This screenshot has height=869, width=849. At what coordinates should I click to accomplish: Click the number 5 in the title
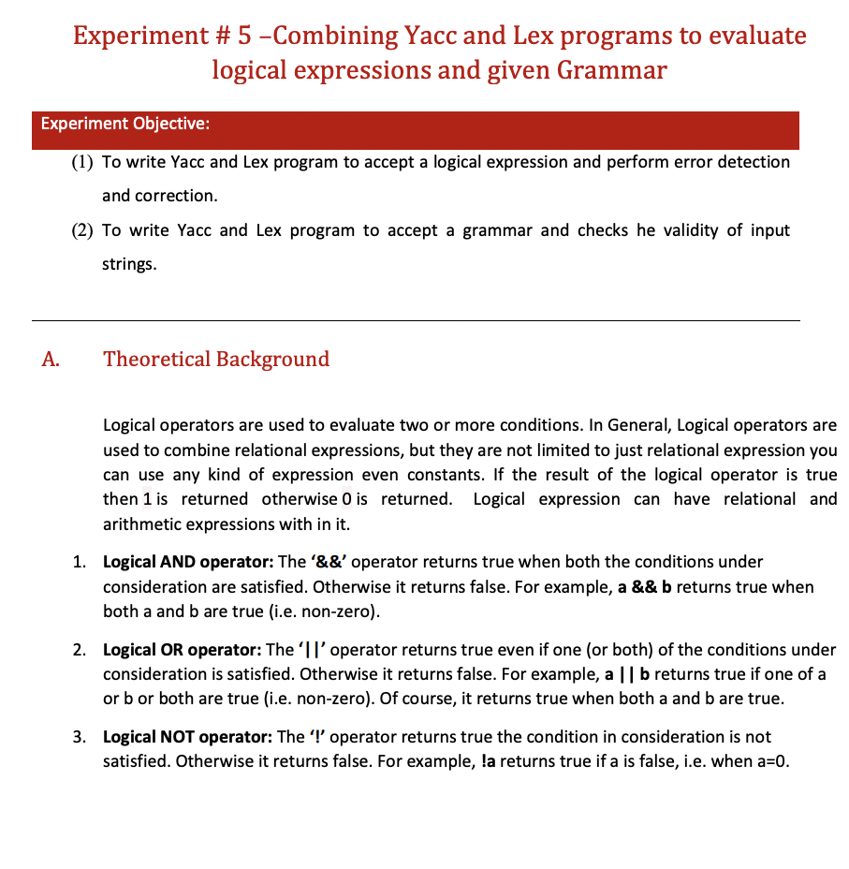(246, 36)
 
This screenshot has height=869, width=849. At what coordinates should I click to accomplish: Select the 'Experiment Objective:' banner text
(124, 124)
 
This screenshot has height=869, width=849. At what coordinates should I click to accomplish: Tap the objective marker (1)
(82, 162)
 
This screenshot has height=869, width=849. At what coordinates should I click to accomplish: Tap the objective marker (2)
(82, 230)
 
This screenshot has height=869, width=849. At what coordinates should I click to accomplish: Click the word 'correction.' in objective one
(159, 196)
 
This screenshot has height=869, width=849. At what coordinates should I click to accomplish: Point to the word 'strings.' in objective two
(129, 264)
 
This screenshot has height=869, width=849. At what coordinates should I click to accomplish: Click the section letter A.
(51, 360)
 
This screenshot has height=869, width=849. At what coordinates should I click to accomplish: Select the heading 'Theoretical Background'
(216, 360)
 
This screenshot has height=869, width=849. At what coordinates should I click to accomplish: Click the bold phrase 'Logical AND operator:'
(187, 562)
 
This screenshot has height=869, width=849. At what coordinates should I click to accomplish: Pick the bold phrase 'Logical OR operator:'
(183, 649)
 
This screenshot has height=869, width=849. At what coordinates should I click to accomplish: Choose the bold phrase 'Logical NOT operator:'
(187, 737)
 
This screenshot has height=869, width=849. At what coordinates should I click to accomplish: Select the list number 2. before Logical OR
(81, 649)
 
